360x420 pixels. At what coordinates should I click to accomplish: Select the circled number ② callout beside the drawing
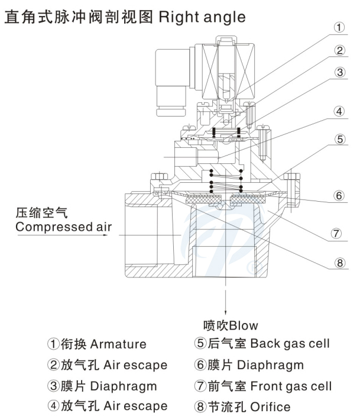339,51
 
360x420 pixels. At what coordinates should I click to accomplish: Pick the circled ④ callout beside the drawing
339,111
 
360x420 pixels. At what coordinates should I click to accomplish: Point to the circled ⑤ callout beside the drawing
339,140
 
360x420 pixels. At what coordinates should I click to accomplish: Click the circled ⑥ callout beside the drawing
339,196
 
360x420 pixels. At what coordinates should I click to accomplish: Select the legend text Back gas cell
290,344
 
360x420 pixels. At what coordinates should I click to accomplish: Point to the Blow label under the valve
244,325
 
